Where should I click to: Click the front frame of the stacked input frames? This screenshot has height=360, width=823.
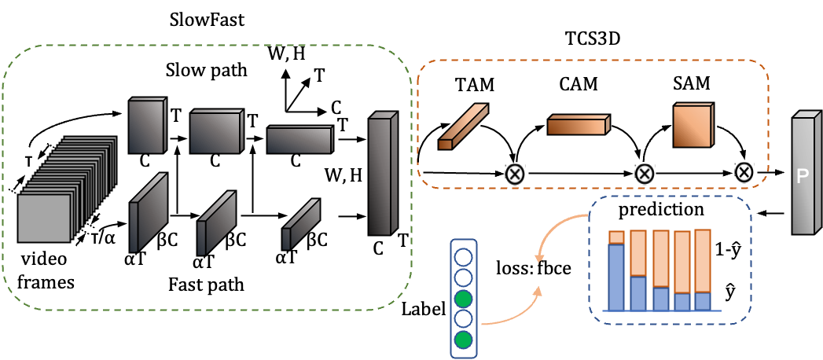[44, 218]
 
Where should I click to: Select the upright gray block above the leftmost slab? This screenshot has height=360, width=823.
[146, 126]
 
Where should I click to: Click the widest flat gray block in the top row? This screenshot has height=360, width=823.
[299, 140]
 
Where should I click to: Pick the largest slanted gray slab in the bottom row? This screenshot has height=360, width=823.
[148, 213]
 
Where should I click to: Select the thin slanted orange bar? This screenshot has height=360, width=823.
[463, 127]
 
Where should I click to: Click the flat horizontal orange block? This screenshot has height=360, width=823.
[577, 126]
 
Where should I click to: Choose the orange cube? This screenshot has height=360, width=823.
[693, 126]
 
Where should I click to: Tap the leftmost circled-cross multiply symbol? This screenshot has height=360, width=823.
[515, 174]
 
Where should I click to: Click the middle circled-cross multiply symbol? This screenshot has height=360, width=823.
[645, 174]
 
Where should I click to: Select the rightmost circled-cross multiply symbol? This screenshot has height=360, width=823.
[744, 173]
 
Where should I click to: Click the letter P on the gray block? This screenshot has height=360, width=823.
[803, 177]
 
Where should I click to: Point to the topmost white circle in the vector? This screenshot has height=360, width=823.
[464, 258]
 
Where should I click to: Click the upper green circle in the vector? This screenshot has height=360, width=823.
[464, 299]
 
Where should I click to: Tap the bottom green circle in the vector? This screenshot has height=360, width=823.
[464, 340]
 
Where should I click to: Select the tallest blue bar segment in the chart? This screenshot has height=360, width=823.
[616, 277]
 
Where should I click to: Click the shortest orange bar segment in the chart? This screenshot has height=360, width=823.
[616, 237]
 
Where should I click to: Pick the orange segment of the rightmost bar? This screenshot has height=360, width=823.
[703, 261]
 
